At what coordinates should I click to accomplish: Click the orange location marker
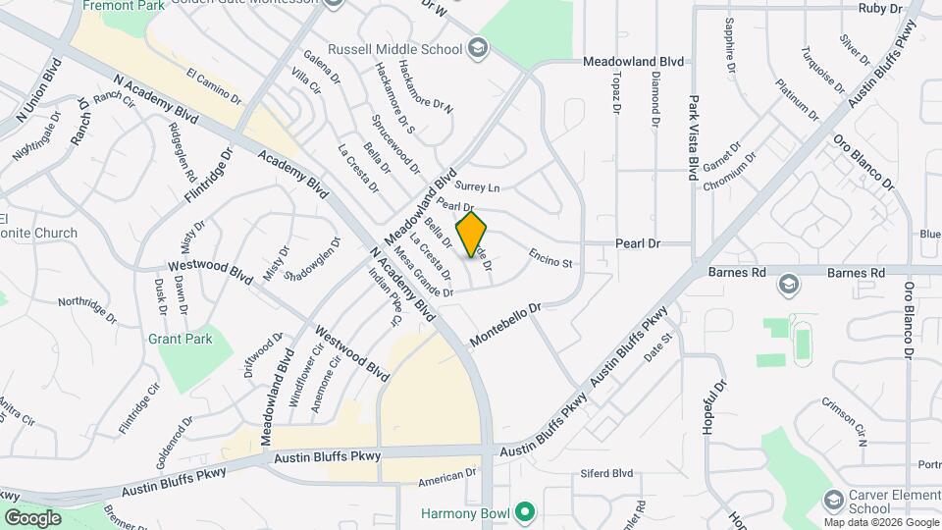coord(472,235)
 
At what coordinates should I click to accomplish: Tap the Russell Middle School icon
coord(478,47)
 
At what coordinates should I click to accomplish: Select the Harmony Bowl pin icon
coord(525,512)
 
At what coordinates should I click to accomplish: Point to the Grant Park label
coord(180,339)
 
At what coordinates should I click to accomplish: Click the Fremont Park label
coord(123,5)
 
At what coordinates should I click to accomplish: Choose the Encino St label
coord(549,258)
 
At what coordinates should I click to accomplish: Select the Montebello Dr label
coord(505,324)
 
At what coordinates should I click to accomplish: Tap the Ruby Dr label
coord(879,8)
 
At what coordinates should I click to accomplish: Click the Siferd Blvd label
coord(608,472)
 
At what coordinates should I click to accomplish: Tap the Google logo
coord(32,517)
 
